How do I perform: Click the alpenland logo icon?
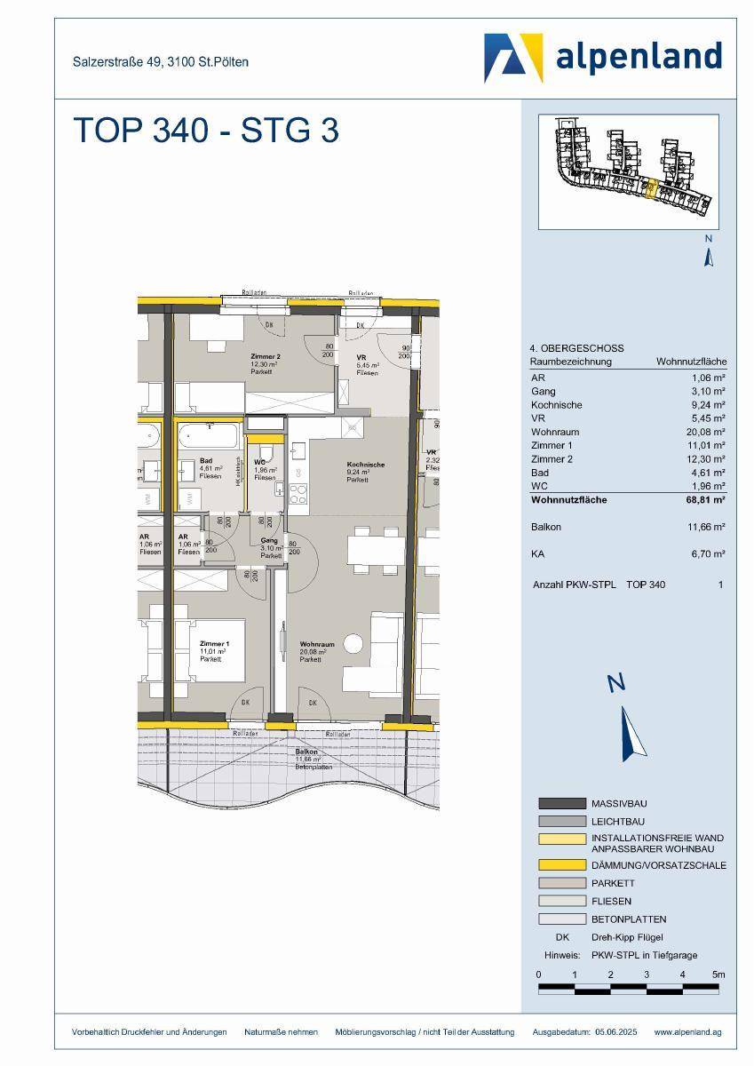coord(513,58)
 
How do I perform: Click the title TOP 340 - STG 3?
coord(205,131)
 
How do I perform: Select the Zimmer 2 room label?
coord(265,358)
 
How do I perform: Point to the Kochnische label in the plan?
coord(366,465)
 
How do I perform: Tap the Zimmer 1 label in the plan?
coord(214,644)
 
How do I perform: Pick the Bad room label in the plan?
coord(207,461)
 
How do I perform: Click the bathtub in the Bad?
coord(210,437)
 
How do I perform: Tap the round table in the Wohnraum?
coord(355,643)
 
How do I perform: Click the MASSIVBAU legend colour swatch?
coord(562,803)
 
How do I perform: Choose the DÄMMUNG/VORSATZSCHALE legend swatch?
coord(562,864)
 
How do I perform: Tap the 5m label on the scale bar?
coord(719,975)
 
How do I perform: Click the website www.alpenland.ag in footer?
coord(687,1031)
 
